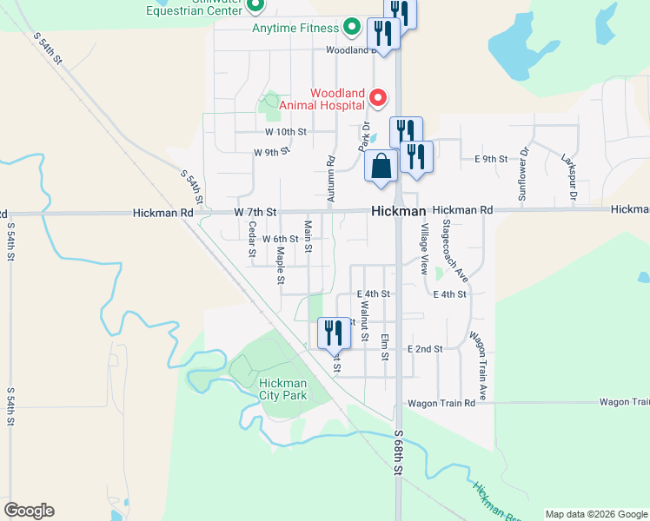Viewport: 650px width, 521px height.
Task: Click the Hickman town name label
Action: coord(398,211)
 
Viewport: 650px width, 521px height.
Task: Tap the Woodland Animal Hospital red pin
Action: coord(378,97)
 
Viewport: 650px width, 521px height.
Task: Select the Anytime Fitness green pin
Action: coord(352,28)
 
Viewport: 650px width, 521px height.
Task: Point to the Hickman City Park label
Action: coord(283,389)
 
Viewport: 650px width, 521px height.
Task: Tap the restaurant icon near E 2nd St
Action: coord(333,333)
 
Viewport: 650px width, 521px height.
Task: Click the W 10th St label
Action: coord(286,132)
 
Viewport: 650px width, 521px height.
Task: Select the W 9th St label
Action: coord(270,152)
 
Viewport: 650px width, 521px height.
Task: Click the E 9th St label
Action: coord(491,159)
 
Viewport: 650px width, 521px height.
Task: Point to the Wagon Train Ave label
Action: coord(477,366)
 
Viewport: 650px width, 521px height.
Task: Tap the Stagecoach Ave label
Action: coord(456,251)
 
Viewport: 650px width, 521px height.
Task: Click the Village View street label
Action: coord(424,249)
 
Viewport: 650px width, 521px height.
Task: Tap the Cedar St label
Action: coord(252,241)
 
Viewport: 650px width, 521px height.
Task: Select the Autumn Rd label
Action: coord(331,180)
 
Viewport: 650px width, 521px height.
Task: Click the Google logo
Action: coord(29,511)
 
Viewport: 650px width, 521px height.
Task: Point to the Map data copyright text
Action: coord(595,514)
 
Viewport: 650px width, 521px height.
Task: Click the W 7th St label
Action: coord(255,212)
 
